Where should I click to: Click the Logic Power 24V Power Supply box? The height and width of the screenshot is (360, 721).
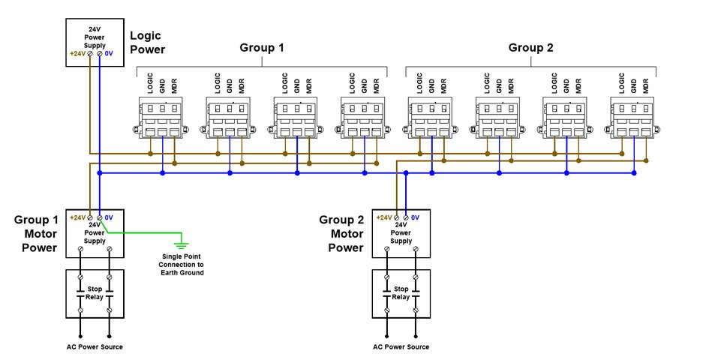95,43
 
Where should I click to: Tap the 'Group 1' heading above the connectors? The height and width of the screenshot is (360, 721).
261,48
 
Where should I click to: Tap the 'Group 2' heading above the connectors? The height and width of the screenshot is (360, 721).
530,48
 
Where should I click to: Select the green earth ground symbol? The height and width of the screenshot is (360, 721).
180,245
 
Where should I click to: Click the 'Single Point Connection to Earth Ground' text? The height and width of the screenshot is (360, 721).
182,264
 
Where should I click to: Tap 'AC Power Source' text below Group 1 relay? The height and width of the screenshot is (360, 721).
95,346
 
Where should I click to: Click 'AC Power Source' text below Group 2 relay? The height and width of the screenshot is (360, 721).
401,346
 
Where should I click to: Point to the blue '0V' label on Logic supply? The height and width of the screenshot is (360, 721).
108,55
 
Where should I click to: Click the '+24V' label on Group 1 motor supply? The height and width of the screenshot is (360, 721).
77,217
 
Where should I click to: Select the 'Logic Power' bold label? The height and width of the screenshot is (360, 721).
147,43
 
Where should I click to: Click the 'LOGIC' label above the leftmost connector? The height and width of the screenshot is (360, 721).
149,82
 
